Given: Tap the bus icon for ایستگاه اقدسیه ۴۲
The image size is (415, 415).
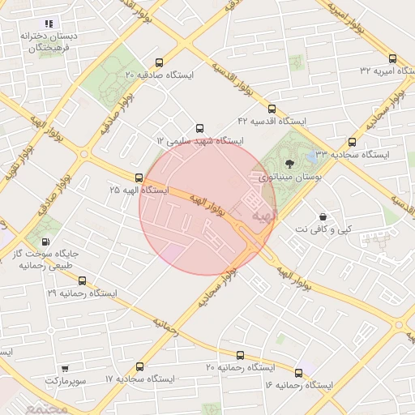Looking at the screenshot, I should click(272, 108).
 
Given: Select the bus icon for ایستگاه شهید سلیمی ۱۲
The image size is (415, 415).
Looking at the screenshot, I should click(200, 128).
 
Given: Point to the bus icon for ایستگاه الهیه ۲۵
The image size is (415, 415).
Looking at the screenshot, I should click(139, 178).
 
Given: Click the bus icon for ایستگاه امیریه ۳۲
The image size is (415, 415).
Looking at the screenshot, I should click(393, 58).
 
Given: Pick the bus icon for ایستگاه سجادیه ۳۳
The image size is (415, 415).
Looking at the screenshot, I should click(352, 142).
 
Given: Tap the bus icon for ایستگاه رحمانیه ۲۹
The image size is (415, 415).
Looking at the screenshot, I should click(82, 280).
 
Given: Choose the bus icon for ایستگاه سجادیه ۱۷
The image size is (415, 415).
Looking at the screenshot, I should click(140, 366).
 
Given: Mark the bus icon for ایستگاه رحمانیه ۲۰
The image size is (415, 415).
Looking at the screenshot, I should click(240, 355).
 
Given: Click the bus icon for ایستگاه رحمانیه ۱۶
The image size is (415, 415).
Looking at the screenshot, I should click(299, 372).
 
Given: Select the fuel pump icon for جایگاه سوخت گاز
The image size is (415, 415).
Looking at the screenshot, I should click(44, 241).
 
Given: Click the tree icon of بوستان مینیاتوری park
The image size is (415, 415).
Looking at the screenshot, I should click(290, 165).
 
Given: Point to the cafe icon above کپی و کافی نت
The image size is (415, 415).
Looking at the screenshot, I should click(324, 216).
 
